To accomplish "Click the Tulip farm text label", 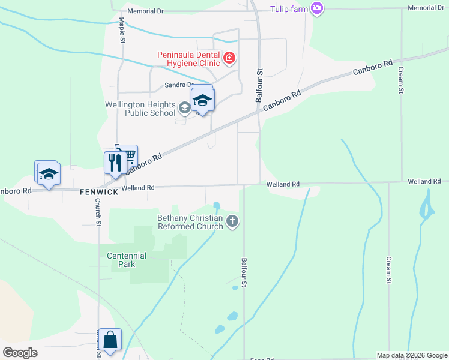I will click(288, 8).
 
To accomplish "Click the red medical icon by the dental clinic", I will click(229, 58).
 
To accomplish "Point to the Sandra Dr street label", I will click(179, 85).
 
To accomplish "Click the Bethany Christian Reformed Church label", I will click(190, 222).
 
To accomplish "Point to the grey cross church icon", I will click(232, 222).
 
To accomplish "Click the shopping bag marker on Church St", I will click(111, 340).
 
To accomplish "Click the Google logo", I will click(20, 353).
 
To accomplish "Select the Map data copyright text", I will click(411, 355).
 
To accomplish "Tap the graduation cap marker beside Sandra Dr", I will click(202, 100).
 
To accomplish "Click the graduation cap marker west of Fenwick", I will click(49, 174).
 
